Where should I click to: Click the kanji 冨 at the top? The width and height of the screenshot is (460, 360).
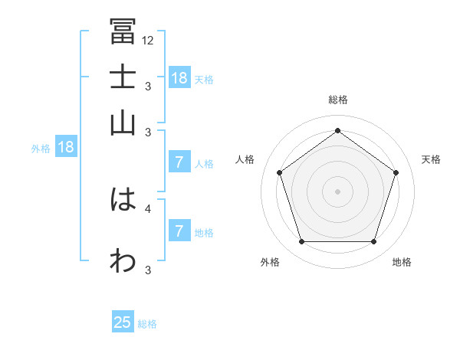pyautogui.click(x=123, y=31)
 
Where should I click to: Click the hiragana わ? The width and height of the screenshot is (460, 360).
pyautogui.click(x=123, y=260)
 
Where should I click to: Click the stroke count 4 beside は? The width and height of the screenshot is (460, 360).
pyautogui.click(x=148, y=208)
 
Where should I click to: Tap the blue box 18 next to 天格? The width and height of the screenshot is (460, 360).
pyautogui.click(x=179, y=77)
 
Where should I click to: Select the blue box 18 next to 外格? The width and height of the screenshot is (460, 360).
pyautogui.click(x=66, y=147)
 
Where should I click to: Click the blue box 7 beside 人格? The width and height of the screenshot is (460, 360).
pyautogui.click(x=179, y=162)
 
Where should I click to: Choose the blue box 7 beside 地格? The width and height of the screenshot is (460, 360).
pyautogui.click(x=179, y=231)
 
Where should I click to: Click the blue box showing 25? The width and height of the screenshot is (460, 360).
pyautogui.click(x=123, y=322)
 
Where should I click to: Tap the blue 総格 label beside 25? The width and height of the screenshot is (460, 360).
pyautogui.click(x=147, y=324)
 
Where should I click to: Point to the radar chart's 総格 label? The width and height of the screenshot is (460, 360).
pyautogui.click(x=337, y=100)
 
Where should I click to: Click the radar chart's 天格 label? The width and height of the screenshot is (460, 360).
pyautogui.click(x=431, y=159)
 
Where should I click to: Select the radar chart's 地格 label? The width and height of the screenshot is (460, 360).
pyautogui.click(x=402, y=262)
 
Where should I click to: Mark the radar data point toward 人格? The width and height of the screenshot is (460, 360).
pyautogui.click(x=280, y=172)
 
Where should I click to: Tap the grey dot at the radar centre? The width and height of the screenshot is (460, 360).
pyautogui.click(x=337, y=191)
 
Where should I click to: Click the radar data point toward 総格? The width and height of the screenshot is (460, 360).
pyautogui.click(x=337, y=130)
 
